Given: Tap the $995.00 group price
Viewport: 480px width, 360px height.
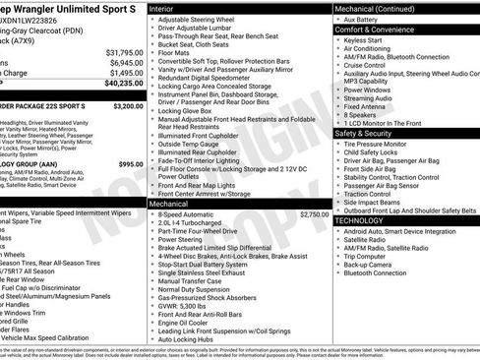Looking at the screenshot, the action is tap(131, 164).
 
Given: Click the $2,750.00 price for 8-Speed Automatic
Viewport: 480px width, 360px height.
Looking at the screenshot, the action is tap(313, 213).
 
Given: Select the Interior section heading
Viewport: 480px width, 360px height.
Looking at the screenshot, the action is tap(162, 8).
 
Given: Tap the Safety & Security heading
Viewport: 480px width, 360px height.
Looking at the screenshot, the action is tap(364, 132).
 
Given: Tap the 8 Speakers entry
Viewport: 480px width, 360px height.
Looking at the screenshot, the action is tap(360, 113).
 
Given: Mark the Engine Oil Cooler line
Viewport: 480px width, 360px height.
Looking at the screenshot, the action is tap(185, 322).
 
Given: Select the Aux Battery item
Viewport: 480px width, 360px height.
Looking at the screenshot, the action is tap(363, 20).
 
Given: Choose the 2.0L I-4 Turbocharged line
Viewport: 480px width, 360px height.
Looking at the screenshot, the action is tap(191, 223).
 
